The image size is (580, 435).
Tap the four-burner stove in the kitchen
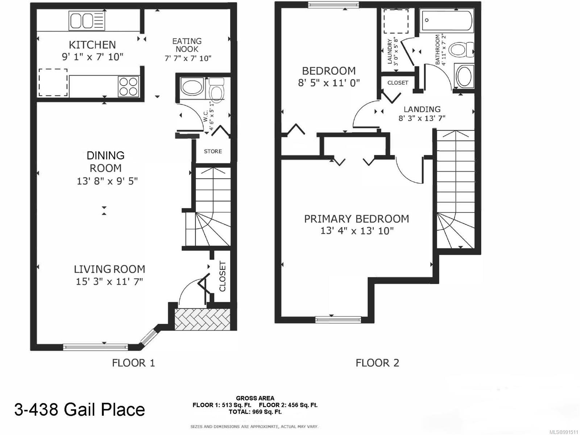(x=129, y=86)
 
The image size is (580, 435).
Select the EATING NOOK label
(x=187, y=45)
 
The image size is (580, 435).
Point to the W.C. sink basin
(x=192, y=88)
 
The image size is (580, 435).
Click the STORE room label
(x=213, y=151)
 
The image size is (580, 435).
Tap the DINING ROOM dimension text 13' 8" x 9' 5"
(x=107, y=181)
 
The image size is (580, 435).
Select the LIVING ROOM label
(x=109, y=269)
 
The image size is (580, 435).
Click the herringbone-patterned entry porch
(x=202, y=319)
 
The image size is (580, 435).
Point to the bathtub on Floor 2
(x=446, y=21)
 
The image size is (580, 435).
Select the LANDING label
(x=422, y=109)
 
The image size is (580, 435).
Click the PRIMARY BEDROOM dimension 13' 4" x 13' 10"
(x=357, y=231)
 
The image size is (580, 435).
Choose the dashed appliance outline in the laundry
(x=396, y=21)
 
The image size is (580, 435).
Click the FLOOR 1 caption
(x=133, y=363)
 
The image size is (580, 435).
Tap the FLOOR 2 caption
(x=377, y=363)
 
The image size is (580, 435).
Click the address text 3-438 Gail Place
(x=80, y=410)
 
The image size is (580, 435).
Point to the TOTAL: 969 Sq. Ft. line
(x=255, y=412)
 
